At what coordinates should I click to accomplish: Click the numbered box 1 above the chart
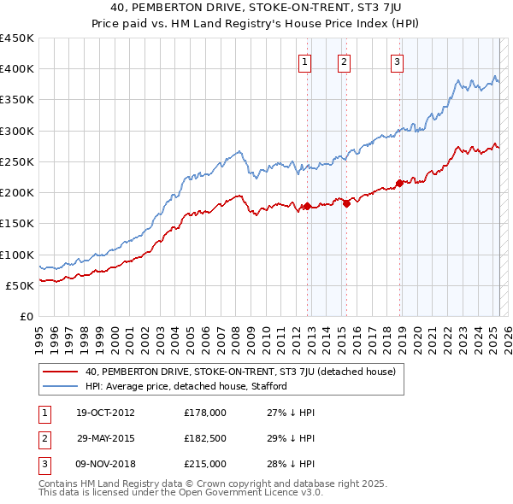pyautogui.click(x=305, y=61)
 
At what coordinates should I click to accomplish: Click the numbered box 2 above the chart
pyautogui.click(x=344, y=61)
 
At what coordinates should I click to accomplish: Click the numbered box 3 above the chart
pyautogui.click(x=398, y=61)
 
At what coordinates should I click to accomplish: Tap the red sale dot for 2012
pyautogui.click(x=307, y=206)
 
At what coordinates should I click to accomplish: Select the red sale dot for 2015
pyautogui.click(x=346, y=202)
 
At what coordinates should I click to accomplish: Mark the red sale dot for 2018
pyautogui.click(x=399, y=183)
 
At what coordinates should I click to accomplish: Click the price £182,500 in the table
pyautogui.click(x=205, y=438)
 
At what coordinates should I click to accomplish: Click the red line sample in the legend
pyautogui.click(x=60, y=372)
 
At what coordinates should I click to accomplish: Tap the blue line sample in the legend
pyautogui.click(x=60, y=386)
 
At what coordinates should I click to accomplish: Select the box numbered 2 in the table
pyautogui.click(x=43, y=438)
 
